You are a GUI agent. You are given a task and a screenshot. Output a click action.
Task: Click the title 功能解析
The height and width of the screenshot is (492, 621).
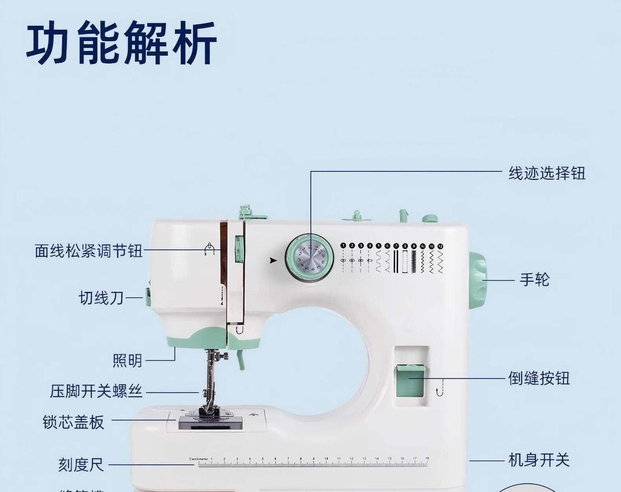point(122,43)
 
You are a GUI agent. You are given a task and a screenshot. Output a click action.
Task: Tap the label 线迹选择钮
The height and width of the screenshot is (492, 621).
point(547,173)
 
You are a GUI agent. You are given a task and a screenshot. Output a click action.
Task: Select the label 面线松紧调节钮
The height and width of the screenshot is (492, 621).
point(88,251)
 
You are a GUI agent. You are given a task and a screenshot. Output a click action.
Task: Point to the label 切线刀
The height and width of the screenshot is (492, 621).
point(101,298)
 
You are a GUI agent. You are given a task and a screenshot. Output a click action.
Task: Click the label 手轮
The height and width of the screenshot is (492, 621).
point(535,280)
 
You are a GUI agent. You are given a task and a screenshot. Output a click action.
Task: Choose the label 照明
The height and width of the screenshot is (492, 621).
point(127,361)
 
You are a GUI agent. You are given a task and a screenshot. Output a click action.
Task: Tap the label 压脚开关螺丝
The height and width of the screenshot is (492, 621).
point(96,392)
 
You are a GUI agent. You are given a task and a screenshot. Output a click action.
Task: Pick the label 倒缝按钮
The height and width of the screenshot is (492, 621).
point(538,378)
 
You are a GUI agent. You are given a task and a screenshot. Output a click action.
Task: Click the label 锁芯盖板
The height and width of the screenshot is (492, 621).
point(73,422)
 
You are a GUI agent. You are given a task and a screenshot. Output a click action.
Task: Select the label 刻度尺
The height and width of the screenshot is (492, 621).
point(81,465)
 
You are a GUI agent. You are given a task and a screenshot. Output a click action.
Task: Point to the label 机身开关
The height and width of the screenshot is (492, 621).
point(538,460)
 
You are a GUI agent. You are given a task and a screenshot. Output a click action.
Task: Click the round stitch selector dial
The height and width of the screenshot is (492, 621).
point(309,257)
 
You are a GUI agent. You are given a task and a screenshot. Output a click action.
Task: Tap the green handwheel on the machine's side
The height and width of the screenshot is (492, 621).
point(478,279)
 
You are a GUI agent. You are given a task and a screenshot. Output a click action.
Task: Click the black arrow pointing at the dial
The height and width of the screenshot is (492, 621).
point(273,261)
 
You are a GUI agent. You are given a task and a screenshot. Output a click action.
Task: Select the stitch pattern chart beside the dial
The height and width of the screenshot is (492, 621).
point(391,258)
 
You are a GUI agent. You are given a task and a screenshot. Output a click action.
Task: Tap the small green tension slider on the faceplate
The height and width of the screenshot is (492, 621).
point(239,249)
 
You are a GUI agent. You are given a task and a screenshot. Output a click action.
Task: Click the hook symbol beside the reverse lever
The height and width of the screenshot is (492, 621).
point(440,387)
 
